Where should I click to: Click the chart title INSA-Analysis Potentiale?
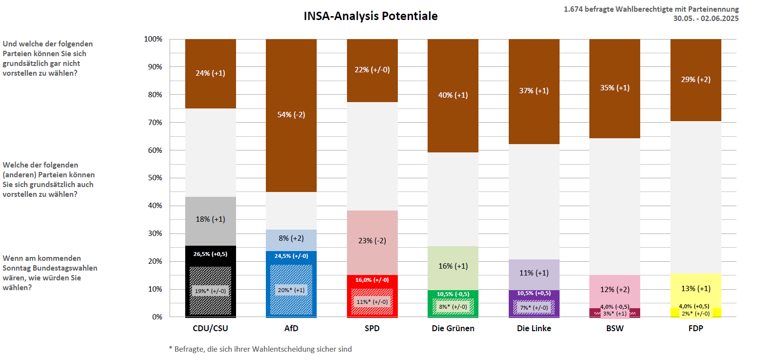[x=370, y=16]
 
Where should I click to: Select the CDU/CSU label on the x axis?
[x=210, y=329]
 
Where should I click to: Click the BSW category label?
[x=614, y=329]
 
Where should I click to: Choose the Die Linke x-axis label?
[x=534, y=329]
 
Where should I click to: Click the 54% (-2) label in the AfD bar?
[x=291, y=115]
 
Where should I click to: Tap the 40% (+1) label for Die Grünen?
[x=453, y=95]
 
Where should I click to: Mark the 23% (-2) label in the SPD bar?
[x=372, y=241]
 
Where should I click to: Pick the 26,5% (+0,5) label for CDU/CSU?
[x=211, y=254]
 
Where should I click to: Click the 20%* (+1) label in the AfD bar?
[x=291, y=290]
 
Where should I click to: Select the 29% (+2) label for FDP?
[x=695, y=80]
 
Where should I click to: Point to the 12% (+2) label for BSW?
[x=614, y=289]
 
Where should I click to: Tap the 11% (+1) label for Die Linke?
[x=534, y=273]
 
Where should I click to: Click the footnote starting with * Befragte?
[x=260, y=349]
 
